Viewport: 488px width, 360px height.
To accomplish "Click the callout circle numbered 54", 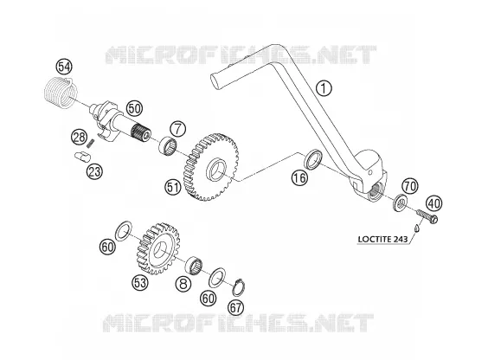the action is (x=64, y=67).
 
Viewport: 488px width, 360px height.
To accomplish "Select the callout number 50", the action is (x=134, y=108).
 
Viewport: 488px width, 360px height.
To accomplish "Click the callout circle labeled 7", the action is (x=177, y=129).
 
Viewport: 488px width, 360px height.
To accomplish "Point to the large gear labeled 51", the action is (x=213, y=166).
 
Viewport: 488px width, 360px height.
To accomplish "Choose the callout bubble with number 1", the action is (x=324, y=88).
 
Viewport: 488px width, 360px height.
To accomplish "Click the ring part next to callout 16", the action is (x=312, y=159).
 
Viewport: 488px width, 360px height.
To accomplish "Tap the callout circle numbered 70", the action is (x=410, y=186).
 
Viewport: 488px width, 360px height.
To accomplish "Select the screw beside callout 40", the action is (x=427, y=215).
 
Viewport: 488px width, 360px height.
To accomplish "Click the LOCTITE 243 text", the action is (x=382, y=239).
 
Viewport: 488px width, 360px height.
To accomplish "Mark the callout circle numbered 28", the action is (x=79, y=138).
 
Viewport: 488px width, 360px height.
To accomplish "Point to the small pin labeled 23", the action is (x=82, y=156).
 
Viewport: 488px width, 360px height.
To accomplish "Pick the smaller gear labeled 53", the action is (x=158, y=248).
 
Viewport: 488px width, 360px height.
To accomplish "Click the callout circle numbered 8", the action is (x=183, y=284).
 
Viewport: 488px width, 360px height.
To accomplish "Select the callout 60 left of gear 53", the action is (x=107, y=247).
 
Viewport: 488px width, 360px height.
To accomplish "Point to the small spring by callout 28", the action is (x=91, y=143).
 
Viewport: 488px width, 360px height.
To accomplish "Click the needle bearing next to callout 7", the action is (x=168, y=145).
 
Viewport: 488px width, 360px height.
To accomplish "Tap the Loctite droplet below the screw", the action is (x=417, y=228).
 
